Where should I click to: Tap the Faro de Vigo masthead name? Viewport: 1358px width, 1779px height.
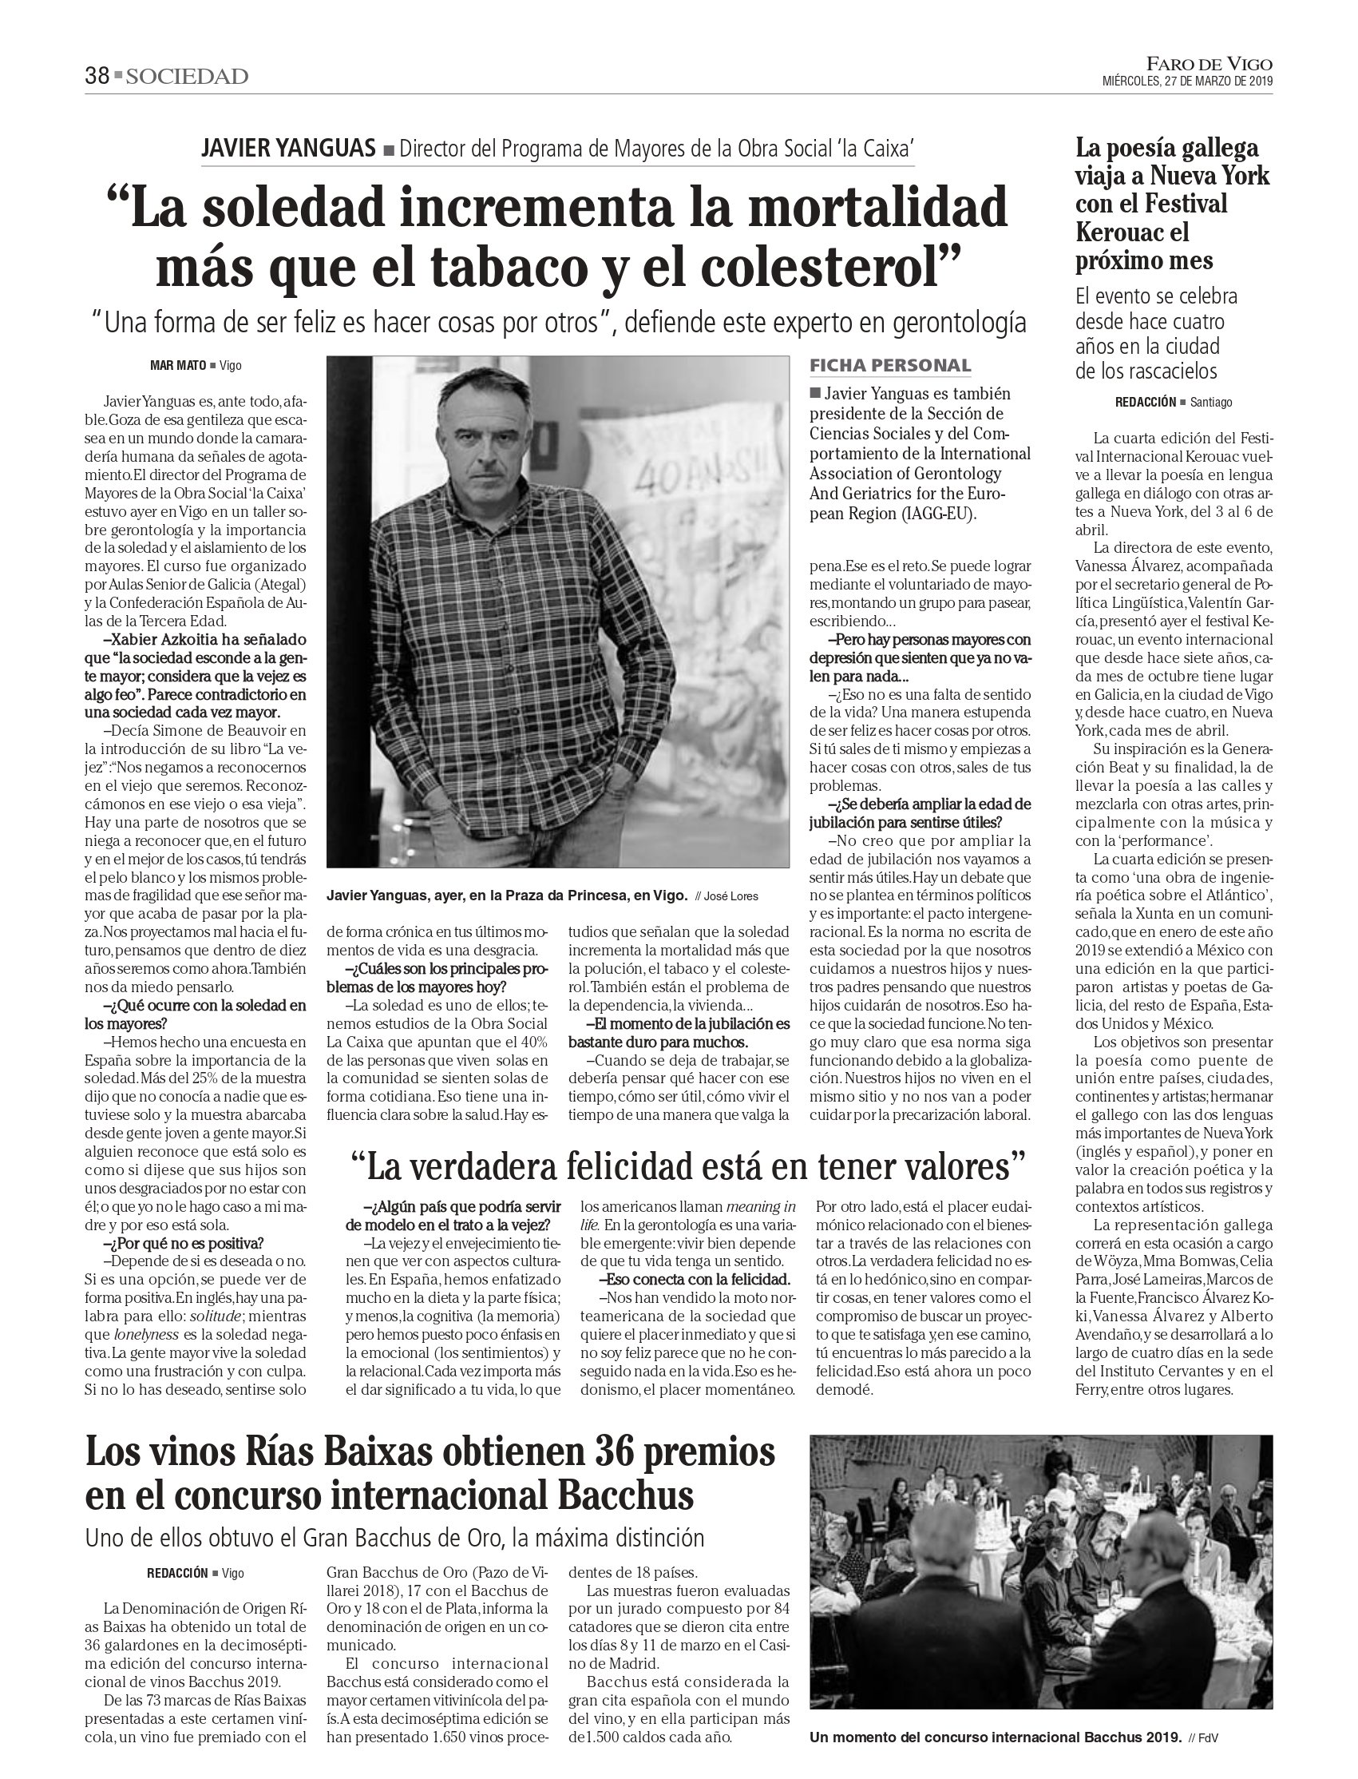[x=1210, y=63]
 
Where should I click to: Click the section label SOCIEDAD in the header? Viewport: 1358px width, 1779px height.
[x=187, y=77]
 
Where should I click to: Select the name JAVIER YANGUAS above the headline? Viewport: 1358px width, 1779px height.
[x=287, y=148]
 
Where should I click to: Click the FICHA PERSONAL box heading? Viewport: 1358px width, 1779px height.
[x=890, y=366]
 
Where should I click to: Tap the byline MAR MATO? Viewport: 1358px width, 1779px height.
[x=178, y=366]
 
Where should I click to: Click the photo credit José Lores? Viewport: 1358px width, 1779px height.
[x=730, y=896]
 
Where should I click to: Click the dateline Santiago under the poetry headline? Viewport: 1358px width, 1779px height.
[x=1211, y=402]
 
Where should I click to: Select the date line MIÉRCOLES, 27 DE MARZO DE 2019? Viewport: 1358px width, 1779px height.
[x=1187, y=81]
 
